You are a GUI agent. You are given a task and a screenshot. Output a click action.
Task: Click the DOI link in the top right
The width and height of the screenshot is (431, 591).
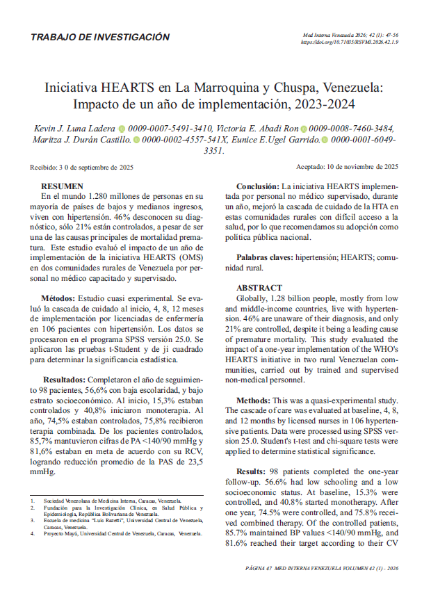(x=349, y=42)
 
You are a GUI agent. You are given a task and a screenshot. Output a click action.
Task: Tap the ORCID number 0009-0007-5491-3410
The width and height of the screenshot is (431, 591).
(x=170, y=129)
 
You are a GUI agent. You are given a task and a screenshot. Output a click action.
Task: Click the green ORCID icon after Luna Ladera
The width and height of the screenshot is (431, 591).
(x=122, y=129)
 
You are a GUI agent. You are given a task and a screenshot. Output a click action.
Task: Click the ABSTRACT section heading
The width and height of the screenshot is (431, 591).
(x=259, y=288)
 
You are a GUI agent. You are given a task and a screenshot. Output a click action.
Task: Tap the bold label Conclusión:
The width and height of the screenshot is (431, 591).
(x=258, y=187)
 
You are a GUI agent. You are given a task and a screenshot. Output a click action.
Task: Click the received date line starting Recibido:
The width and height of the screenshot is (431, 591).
(x=82, y=167)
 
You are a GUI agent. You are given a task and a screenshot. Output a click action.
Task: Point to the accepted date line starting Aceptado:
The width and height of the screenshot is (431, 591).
(x=347, y=167)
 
